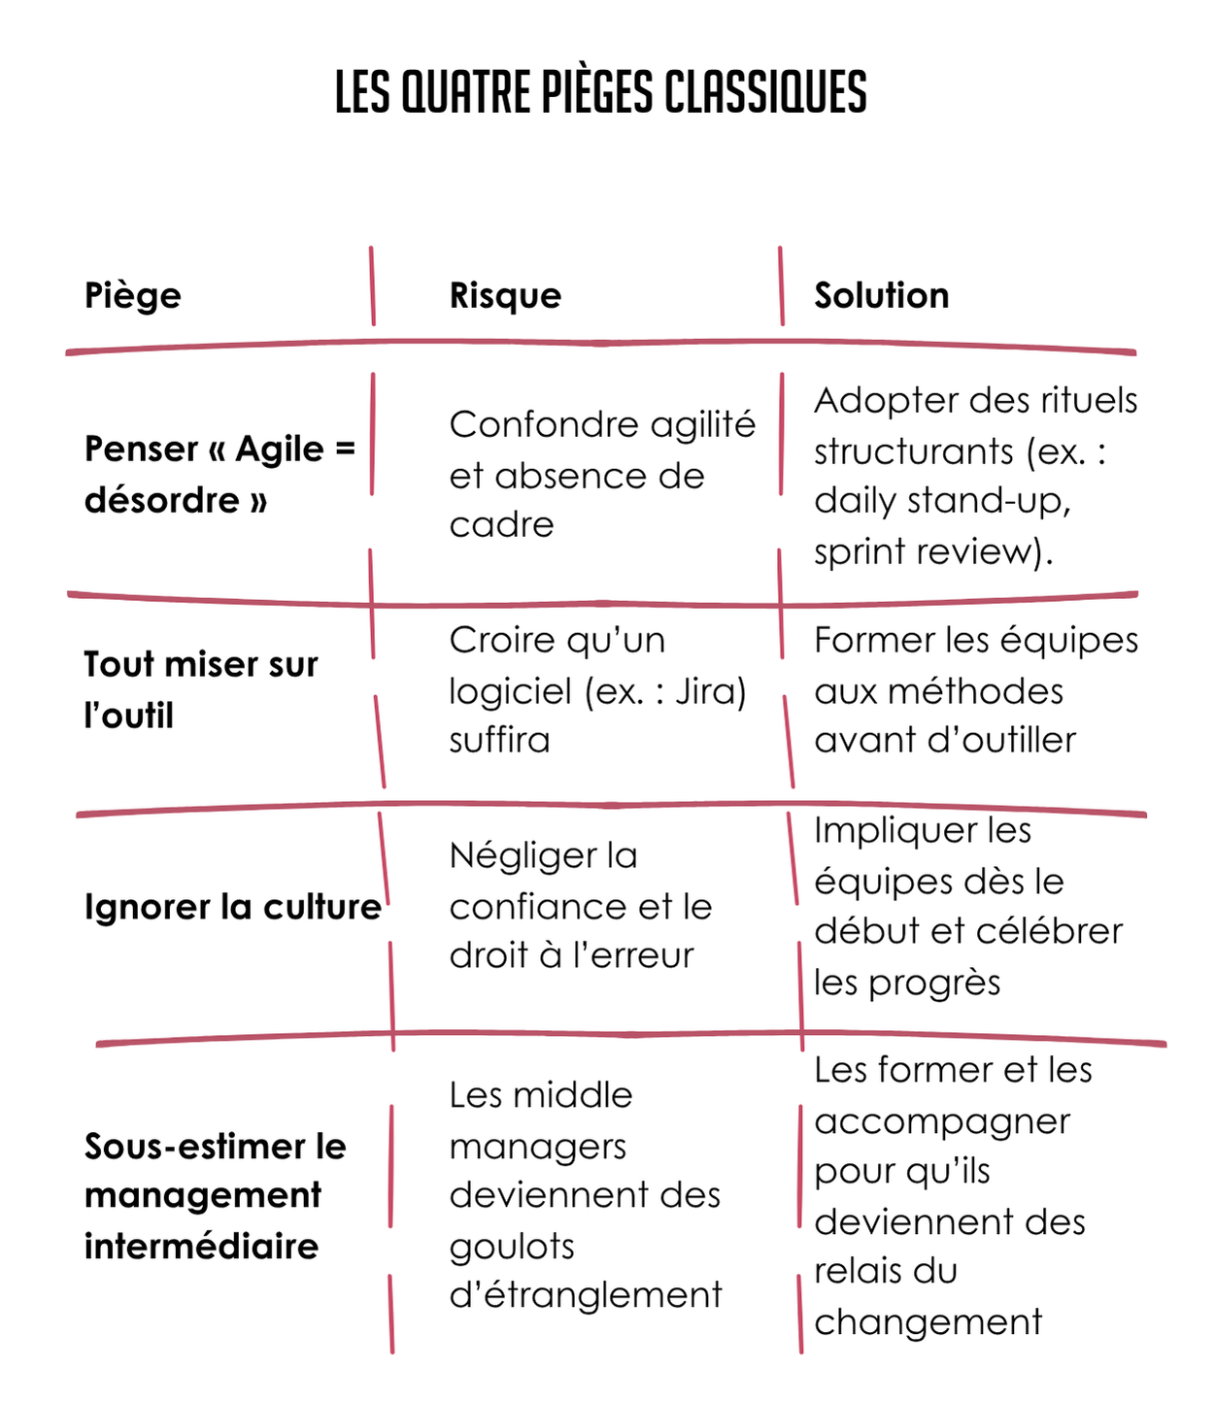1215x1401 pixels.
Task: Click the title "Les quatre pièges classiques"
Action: pyautogui.click(x=600, y=92)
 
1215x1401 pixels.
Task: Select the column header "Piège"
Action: pyautogui.click(x=132, y=295)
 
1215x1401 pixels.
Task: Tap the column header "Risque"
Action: pyautogui.click(x=505, y=295)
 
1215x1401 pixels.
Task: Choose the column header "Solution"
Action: pyautogui.click(x=881, y=295)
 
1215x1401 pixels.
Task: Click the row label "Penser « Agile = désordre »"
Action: pyautogui.click(x=219, y=474)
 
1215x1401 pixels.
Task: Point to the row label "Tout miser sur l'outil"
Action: pyautogui.click(x=200, y=689)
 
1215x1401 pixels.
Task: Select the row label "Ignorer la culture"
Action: pyautogui.click(x=232, y=907)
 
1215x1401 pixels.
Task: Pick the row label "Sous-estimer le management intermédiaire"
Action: pyautogui.click(x=215, y=1195)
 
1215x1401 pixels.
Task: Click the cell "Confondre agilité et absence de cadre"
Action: pyautogui.click(x=601, y=474)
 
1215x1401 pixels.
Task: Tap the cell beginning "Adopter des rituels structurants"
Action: pyautogui.click(x=974, y=475)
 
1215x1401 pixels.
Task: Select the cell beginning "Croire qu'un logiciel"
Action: pyautogui.click(x=596, y=689)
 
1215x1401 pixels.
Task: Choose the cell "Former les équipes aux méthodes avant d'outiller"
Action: pyautogui.click(x=975, y=689)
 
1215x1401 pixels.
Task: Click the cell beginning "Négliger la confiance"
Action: pyautogui.click(x=580, y=905)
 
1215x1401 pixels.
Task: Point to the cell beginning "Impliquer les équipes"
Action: pyautogui.click(x=967, y=905)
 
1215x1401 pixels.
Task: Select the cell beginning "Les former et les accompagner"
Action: pyautogui.click(x=952, y=1195)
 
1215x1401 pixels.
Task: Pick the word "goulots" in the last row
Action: pyautogui.click(x=512, y=1246)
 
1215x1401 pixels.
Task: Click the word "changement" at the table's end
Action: pyautogui.click(x=928, y=1321)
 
